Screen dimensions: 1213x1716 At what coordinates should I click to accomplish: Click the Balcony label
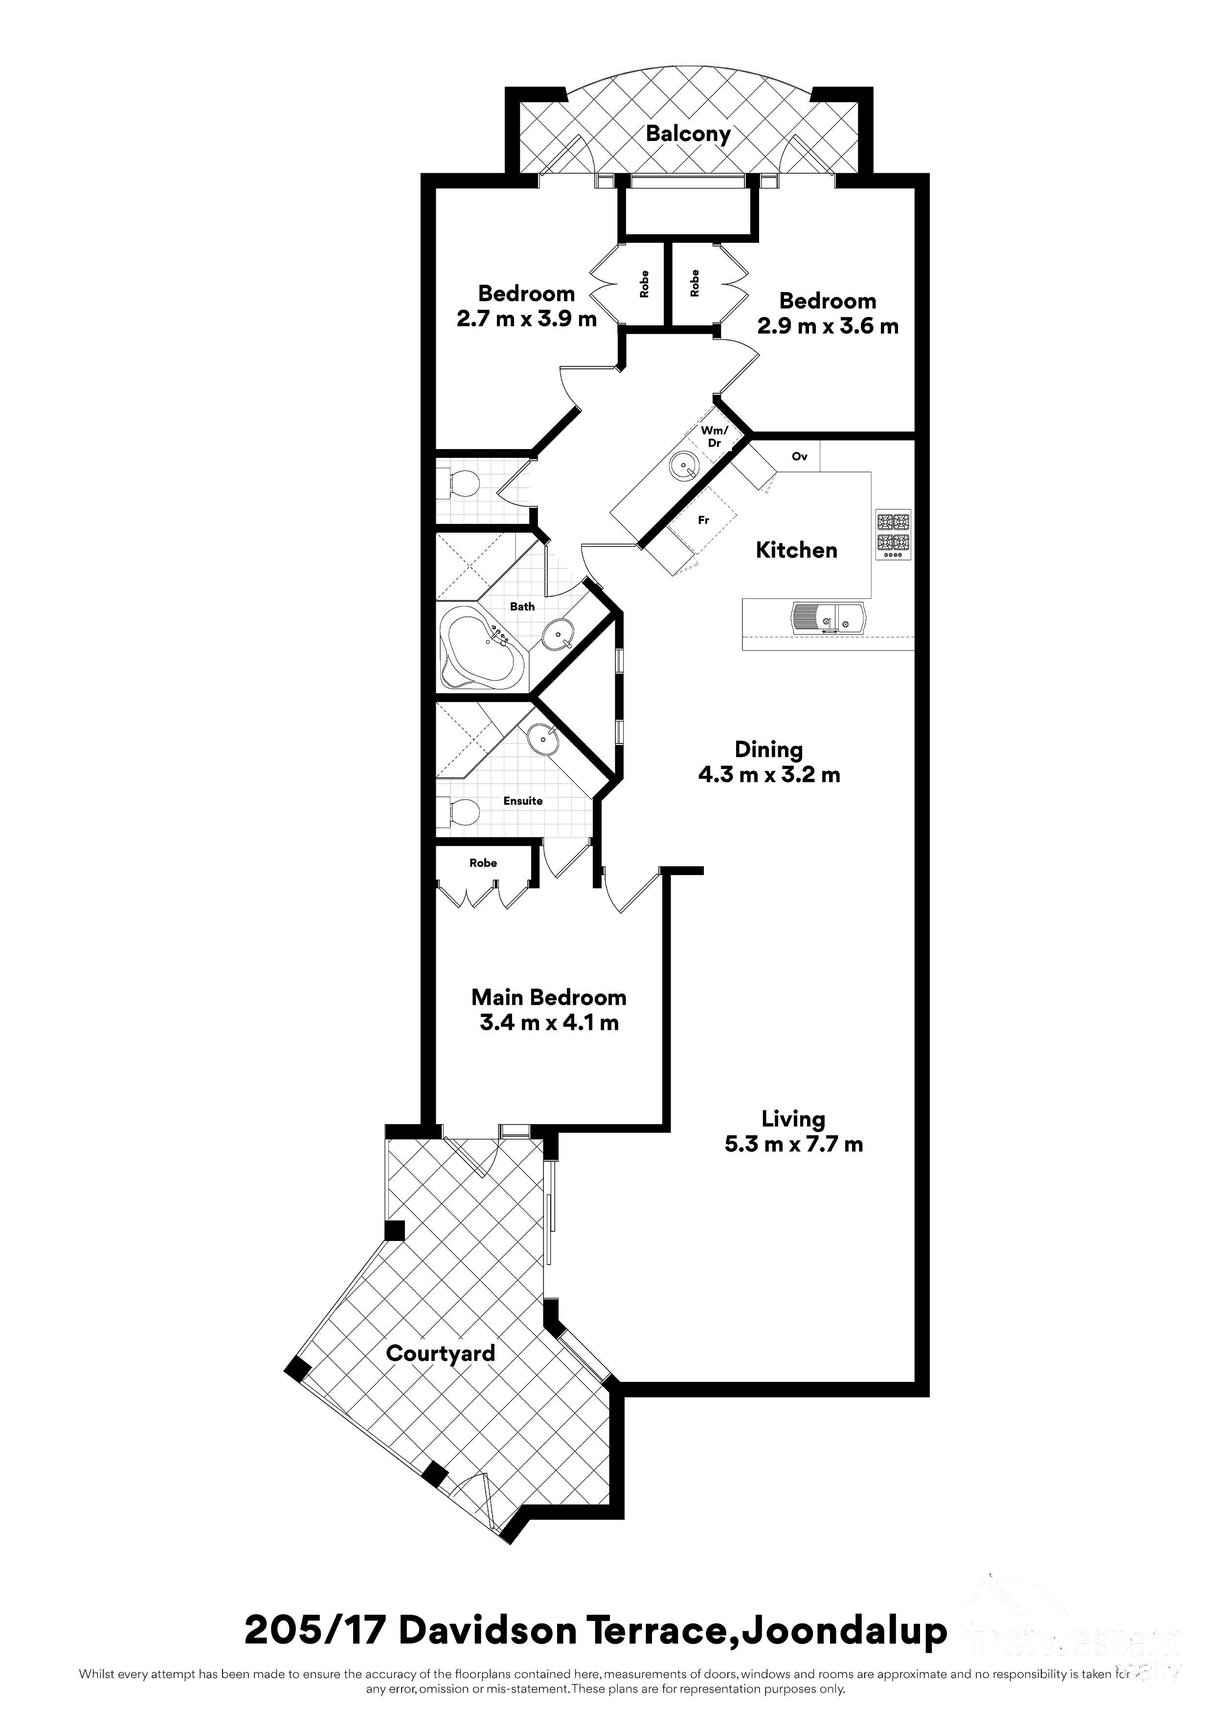tap(688, 135)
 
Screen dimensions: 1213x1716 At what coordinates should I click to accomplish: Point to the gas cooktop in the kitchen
tap(893, 535)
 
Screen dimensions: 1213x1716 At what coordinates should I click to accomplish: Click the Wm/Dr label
tap(714, 436)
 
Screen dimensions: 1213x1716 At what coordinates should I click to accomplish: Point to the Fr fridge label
tap(703, 520)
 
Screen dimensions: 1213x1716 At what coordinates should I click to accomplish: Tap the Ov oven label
tap(800, 457)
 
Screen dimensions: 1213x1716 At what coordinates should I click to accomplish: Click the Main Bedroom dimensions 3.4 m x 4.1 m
tap(549, 1023)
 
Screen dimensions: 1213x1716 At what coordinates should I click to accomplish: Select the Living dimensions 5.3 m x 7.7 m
tap(794, 1144)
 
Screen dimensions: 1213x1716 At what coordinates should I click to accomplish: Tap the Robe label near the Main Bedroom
tap(483, 863)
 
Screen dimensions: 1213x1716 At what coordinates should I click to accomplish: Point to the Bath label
tap(522, 607)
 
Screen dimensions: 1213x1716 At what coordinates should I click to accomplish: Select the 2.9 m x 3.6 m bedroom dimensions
tap(828, 327)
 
